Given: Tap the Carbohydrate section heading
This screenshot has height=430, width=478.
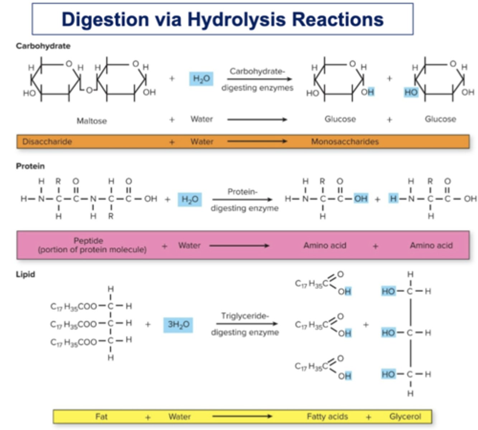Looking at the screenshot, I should click(x=43, y=46).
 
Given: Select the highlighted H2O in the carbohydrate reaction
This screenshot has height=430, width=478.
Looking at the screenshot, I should click(x=202, y=78).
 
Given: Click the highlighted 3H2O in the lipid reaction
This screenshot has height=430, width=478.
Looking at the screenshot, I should click(x=178, y=325).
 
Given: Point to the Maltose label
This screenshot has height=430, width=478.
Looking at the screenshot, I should click(x=92, y=121).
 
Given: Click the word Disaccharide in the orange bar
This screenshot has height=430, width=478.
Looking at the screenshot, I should click(x=47, y=142).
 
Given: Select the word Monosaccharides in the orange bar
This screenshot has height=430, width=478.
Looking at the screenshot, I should click(x=345, y=142).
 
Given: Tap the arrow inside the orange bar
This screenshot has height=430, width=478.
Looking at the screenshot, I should click(x=257, y=142).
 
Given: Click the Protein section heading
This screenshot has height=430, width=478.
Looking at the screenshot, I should click(x=30, y=166).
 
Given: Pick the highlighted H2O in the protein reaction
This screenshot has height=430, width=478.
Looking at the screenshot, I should click(x=190, y=199).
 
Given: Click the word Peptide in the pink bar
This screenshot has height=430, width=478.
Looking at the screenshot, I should click(x=88, y=240).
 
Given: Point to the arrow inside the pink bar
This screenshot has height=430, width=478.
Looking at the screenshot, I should click(x=239, y=246).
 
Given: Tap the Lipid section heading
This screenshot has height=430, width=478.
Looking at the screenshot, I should click(x=25, y=274).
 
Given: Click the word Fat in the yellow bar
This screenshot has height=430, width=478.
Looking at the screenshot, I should click(x=101, y=416).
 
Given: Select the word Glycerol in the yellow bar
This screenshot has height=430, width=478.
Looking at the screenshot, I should click(x=405, y=416).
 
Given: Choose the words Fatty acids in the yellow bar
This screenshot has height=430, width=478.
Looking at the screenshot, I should click(x=327, y=416).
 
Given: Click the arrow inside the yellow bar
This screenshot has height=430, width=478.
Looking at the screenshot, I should click(x=242, y=416).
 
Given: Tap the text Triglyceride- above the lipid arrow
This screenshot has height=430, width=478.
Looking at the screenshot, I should click(x=245, y=316).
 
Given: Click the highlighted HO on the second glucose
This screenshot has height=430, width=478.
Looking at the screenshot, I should click(x=411, y=92).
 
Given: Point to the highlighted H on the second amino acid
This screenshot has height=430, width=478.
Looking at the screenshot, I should click(x=393, y=199).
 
